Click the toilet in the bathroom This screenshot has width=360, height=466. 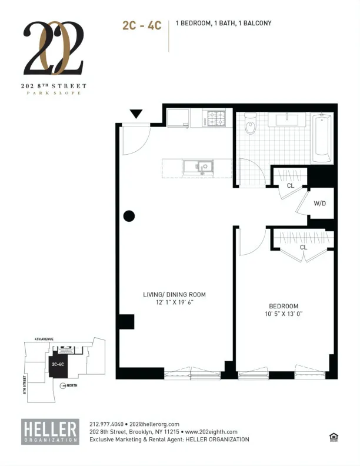[x=250, y=123]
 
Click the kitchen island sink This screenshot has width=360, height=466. [x=198, y=167]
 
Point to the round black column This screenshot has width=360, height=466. [x=129, y=216]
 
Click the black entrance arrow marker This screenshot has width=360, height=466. [x=136, y=114]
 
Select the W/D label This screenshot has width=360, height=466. [x=320, y=204]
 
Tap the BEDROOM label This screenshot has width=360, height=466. [x=284, y=306]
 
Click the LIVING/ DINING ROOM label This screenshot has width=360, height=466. [x=175, y=294]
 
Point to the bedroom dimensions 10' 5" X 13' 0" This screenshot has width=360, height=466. [x=284, y=314]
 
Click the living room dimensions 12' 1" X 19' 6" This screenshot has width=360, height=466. [x=175, y=302]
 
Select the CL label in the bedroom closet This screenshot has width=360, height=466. [x=304, y=247]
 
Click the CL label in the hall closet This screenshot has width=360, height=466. [x=290, y=186]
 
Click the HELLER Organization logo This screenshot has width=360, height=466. [x=50, y=431]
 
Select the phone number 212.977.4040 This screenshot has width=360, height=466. [x=106, y=424]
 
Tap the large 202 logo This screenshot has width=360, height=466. [x=54, y=48]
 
